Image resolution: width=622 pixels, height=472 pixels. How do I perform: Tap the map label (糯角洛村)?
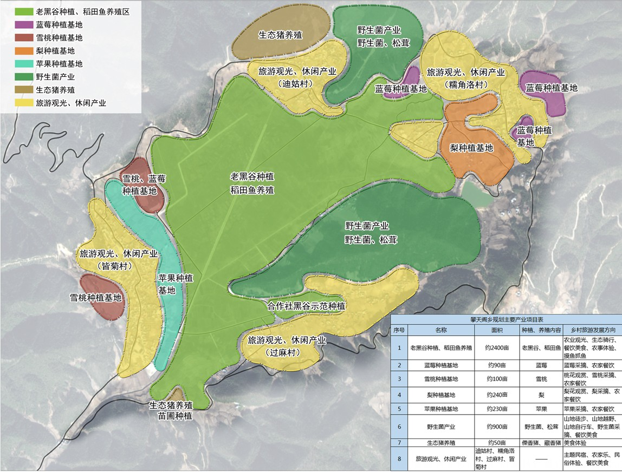coord(465,84)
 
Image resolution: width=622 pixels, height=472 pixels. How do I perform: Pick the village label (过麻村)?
coord(287,352)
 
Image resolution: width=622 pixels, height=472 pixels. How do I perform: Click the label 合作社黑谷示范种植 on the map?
coord(307,306)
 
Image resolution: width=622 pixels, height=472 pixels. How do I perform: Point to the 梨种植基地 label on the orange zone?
coord(471,147)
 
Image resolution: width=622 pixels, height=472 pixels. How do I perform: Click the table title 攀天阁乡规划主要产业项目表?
coord(506,319)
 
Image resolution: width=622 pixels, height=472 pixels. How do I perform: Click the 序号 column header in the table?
coord(399,329)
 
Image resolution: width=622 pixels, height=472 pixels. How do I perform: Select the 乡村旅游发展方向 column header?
coord(591,329)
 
